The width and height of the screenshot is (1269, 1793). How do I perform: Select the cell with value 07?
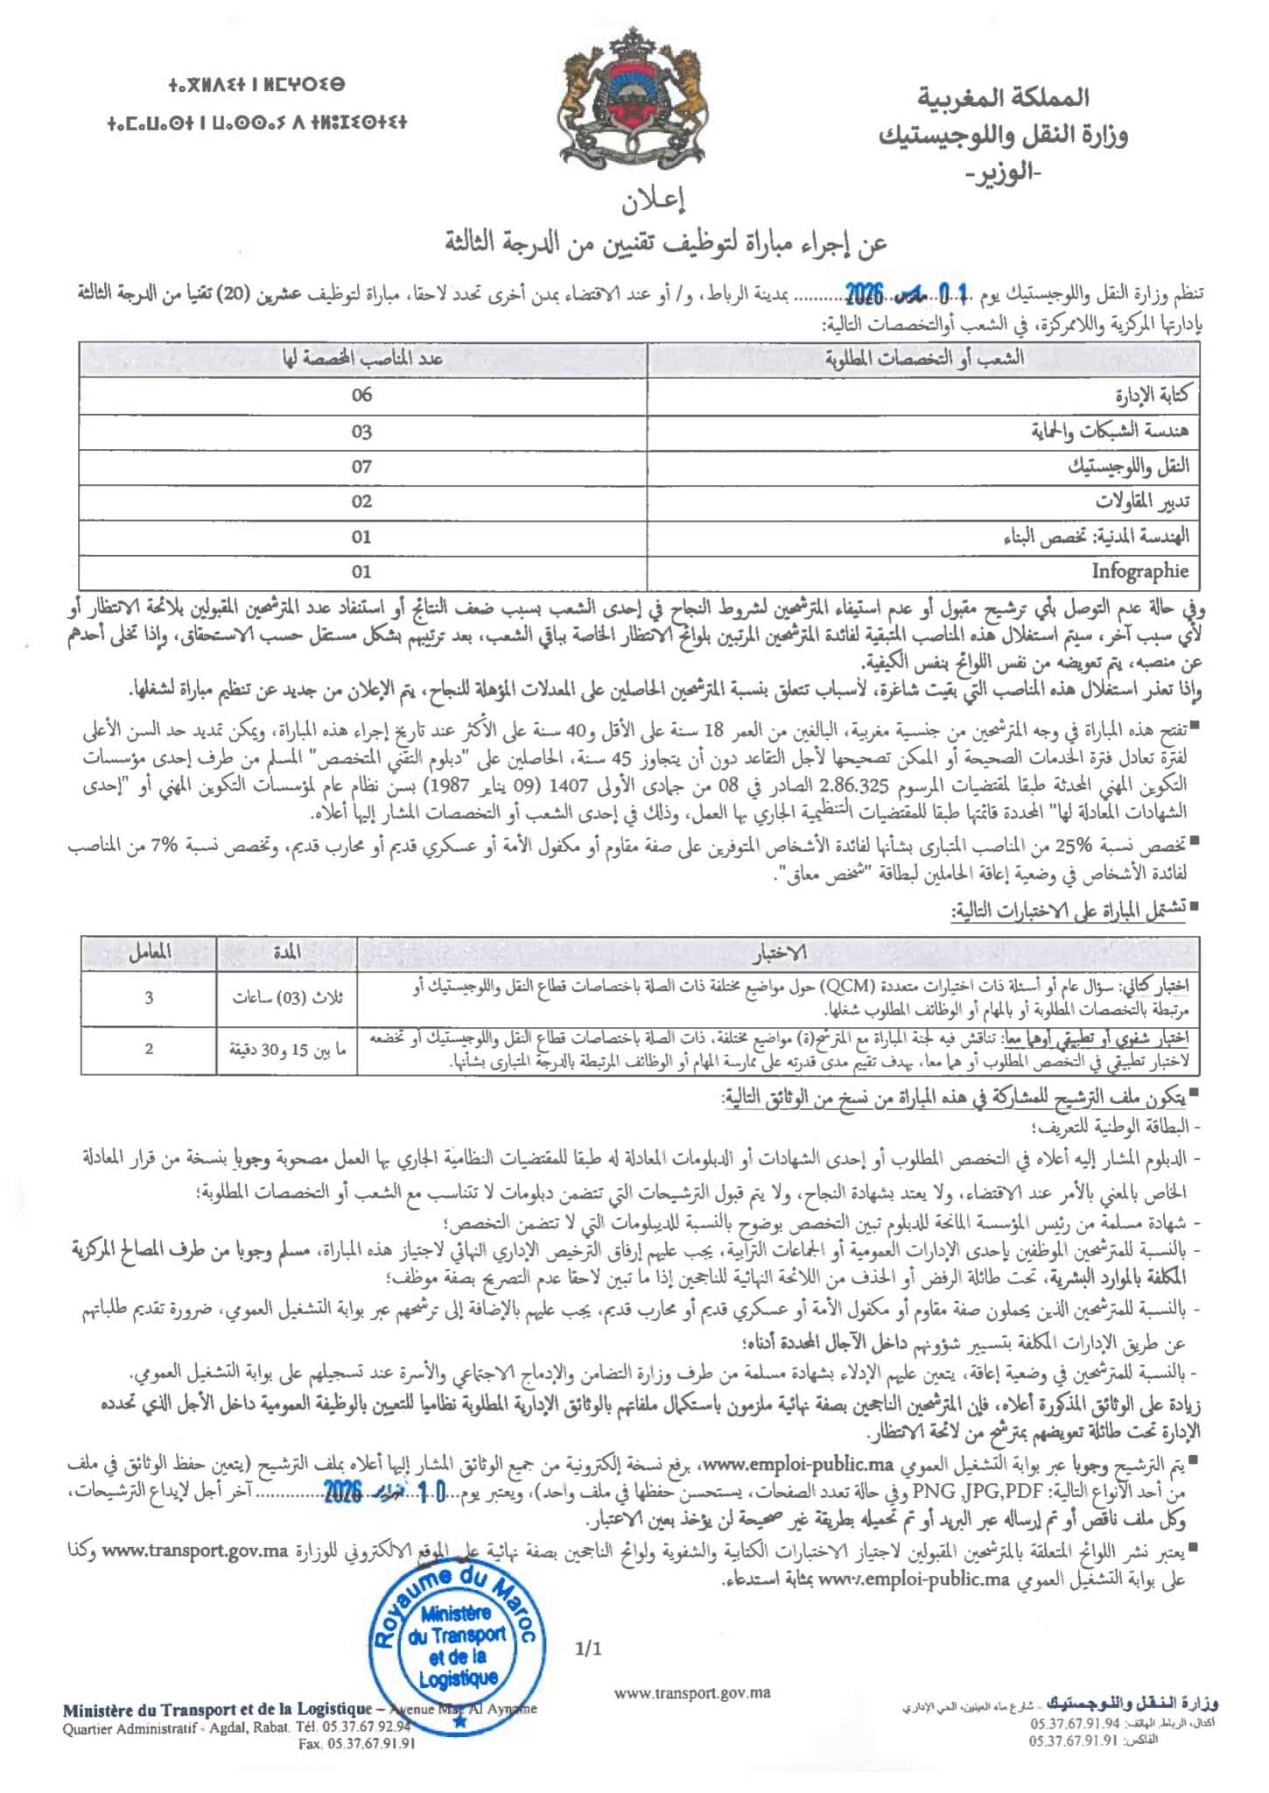coord(361,467)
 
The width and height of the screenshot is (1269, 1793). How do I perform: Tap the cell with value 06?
coord(361,395)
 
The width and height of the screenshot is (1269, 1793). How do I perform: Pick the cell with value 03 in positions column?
coord(361,432)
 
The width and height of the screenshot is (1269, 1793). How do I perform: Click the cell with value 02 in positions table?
coord(361,502)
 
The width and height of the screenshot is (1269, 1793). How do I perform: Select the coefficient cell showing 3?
coord(149,997)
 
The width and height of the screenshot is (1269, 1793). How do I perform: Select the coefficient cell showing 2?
coord(149,1048)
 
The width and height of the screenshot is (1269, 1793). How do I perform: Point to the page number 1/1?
coord(589,1649)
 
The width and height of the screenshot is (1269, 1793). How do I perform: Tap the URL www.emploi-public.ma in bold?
coord(796,1463)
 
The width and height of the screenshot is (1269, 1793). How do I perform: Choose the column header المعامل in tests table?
coord(149,952)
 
